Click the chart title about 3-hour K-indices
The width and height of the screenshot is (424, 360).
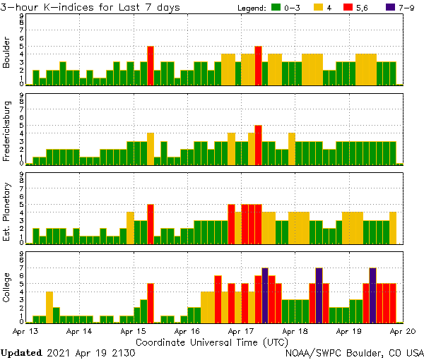tap(90, 7)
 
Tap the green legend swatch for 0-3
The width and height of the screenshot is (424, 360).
tap(278, 7)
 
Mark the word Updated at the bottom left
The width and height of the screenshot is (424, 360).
tap(23, 352)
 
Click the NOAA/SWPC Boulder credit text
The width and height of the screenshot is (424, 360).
tap(354, 352)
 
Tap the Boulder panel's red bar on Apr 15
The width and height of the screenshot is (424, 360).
tap(151, 66)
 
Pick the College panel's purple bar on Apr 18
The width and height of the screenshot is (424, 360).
tap(319, 295)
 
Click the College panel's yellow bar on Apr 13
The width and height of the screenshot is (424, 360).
tap(49, 307)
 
